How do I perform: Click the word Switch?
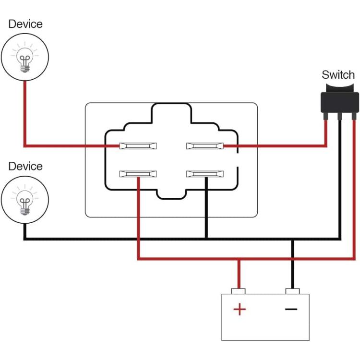338,75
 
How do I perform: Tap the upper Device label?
25,24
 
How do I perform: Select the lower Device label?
25,166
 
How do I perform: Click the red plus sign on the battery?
240,309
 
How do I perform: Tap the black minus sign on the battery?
291,309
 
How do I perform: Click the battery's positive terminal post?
238,291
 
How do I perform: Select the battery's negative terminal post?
292,291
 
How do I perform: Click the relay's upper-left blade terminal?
138,146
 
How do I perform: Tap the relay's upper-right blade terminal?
205,146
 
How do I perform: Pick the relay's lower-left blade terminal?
138,174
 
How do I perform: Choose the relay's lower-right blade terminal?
205,174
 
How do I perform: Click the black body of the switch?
339,102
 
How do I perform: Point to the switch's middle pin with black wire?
340,117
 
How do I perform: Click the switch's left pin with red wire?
325,117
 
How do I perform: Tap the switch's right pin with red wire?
354,117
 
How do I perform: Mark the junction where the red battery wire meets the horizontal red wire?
239,259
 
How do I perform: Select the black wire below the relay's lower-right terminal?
206,208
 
